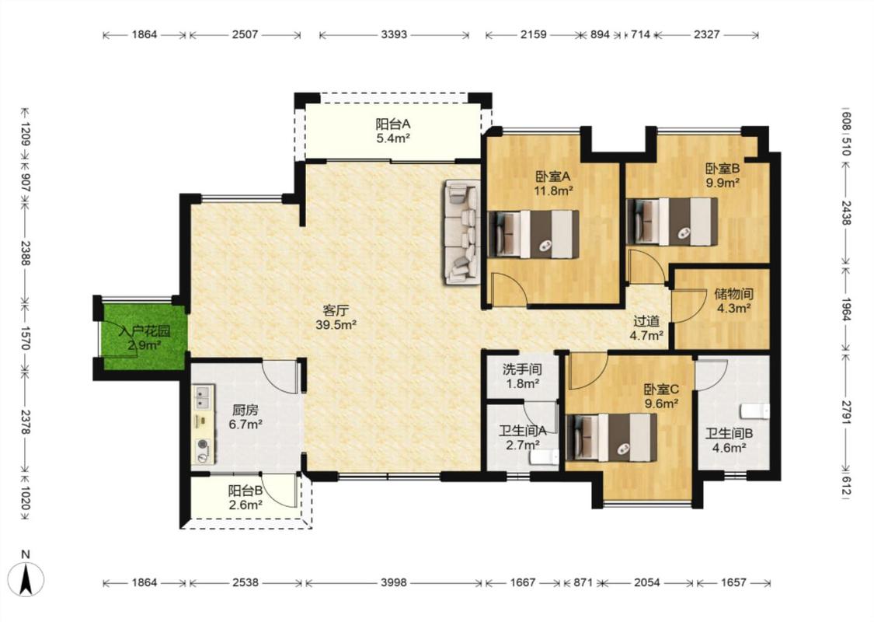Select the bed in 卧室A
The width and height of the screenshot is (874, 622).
click(x=534, y=234)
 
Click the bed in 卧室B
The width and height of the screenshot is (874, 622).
click(x=672, y=222)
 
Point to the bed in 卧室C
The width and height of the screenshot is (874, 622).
click(x=611, y=438)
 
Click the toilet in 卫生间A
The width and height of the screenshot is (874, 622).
click(x=544, y=458)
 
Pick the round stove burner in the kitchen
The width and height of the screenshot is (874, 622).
click(x=202, y=445)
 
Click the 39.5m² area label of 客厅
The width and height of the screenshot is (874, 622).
click(x=336, y=325)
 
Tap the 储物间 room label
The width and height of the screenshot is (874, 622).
click(x=733, y=293)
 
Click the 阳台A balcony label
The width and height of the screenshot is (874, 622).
click(x=393, y=124)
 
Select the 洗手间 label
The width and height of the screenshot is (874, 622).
click(x=522, y=369)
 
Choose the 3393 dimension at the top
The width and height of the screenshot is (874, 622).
click(x=394, y=34)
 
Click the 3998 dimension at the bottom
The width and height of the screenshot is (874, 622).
click(x=394, y=582)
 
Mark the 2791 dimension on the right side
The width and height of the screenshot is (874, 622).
click(x=846, y=412)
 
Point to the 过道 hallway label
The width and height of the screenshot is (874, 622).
click(x=646, y=321)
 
